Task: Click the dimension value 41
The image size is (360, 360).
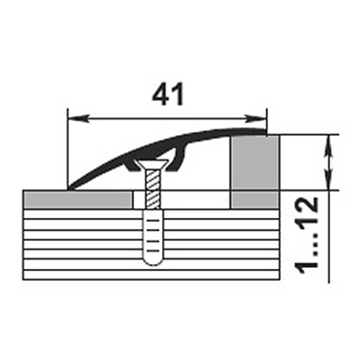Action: (x=168, y=94)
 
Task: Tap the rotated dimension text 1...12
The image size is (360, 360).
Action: (x=306, y=233)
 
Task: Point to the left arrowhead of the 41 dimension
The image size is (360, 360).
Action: (x=77, y=118)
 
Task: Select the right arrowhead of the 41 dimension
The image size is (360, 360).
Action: (x=256, y=118)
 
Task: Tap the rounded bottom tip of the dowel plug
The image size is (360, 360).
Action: (x=153, y=262)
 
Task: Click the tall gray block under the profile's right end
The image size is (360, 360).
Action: (x=254, y=162)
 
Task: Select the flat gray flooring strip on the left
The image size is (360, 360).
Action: (x=77, y=200)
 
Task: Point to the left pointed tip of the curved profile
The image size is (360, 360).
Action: (x=67, y=188)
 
